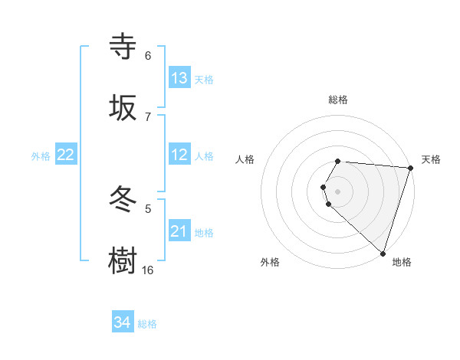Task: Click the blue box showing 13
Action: [x=179, y=78]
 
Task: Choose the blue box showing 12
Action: [x=179, y=155]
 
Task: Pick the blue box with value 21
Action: [x=179, y=231]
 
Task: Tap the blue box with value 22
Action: [x=66, y=155]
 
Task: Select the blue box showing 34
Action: [x=123, y=322]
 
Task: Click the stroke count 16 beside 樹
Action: [x=147, y=270]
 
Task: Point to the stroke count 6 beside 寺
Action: [x=148, y=56]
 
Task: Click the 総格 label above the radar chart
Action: [x=338, y=100]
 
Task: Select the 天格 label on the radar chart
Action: [x=431, y=159]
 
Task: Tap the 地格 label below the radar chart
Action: [x=402, y=262]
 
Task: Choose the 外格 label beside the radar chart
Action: [x=270, y=262]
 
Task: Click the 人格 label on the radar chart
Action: [x=245, y=159]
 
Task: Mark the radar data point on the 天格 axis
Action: [x=410, y=167]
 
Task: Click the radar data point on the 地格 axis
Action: [x=383, y=253]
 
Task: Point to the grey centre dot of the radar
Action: [x=338, y=191]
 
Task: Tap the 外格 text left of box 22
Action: [x=41, y=155]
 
